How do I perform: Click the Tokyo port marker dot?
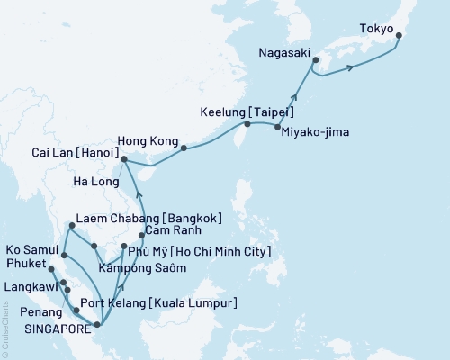click(399, 37)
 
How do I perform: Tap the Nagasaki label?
click(284, 52)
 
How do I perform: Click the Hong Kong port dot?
click(184, 148)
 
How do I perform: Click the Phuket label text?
click(24, 264)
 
